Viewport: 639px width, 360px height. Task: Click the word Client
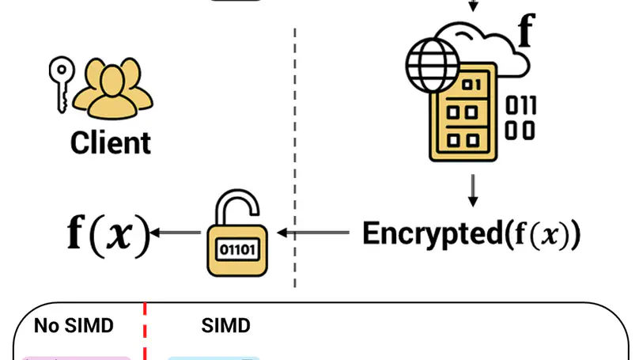pos(110,143)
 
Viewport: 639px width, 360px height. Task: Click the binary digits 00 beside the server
pos(520,129)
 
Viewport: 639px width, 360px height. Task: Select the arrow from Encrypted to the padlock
pos(316,233)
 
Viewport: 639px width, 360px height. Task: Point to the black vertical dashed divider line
pos(296,158)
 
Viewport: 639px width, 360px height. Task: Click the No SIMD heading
pos(74,325)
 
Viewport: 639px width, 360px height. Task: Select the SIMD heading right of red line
pos(226,325)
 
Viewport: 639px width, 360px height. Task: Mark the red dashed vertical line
pos(146,332)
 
